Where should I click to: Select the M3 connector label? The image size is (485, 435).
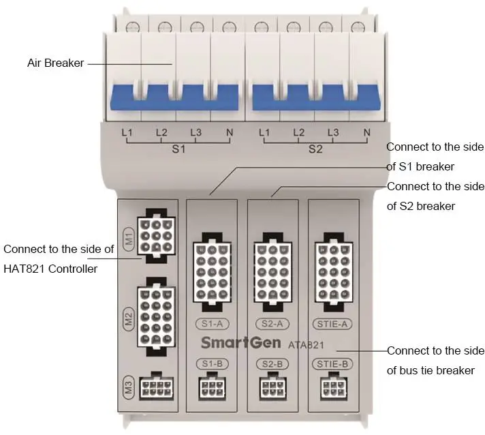tap(127, 387)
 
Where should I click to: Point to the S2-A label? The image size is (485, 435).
tap(272, 323)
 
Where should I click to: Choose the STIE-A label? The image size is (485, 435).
tap(333, 323)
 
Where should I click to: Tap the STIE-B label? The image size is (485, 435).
tap(333, 364)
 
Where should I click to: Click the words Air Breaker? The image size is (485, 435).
tap(55, 63)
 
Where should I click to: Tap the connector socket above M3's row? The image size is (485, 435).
tap(155, 313)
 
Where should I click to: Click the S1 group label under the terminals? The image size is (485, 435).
tap(178, 149)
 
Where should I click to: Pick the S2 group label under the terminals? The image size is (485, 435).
tap(315, 149)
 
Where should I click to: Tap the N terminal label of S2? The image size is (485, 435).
tap(367, 133)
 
